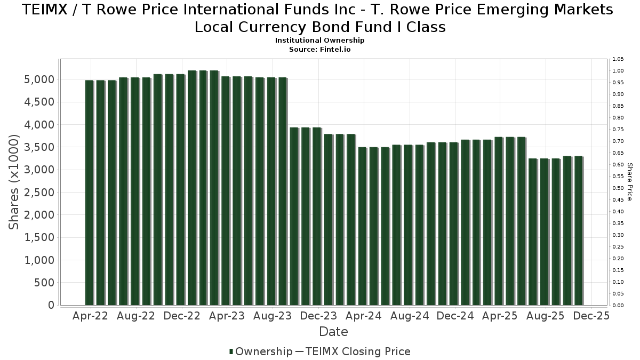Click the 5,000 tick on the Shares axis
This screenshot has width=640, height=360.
39,79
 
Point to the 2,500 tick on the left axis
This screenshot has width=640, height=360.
39,193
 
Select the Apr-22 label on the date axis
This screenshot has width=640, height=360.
90,316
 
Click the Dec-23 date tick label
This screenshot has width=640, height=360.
318,316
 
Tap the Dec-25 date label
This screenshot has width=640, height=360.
591,316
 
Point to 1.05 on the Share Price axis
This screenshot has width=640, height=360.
618,59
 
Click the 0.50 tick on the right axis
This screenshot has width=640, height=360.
618,188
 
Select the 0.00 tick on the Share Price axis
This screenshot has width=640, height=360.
618,306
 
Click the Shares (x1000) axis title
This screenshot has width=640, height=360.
14,182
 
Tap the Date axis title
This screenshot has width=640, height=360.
333,332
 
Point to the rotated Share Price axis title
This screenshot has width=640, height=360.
629,182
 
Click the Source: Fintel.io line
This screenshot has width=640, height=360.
319,49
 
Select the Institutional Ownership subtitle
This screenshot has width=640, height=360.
319,41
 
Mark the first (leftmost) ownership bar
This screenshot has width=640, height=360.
89,193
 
